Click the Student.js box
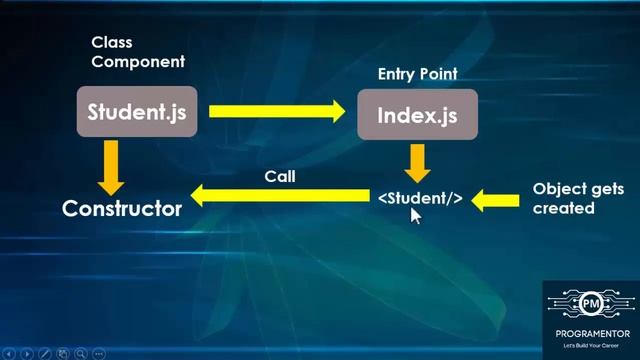(x=137, y=112)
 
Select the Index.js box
(x=417, y=115)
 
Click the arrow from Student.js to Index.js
(x=275, y=112)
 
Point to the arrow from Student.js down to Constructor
(x=110, y=167)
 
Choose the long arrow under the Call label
(x=280, y=198)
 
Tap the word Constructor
(x=122, y=209)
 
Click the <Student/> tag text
(x=420, y=198)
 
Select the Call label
(x=280, y=176)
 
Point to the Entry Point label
(x=417, y=75)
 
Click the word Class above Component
(x=112, y=43)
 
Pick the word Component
(x=138, y=61)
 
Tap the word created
(x=564, y=208)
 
